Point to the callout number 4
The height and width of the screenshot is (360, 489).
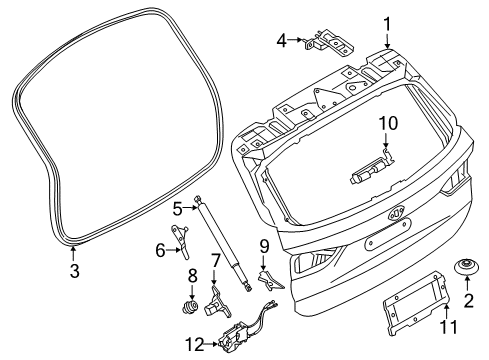[282, 41]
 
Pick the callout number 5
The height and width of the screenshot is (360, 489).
[176, 208]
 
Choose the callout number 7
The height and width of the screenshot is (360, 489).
[215, 261]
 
